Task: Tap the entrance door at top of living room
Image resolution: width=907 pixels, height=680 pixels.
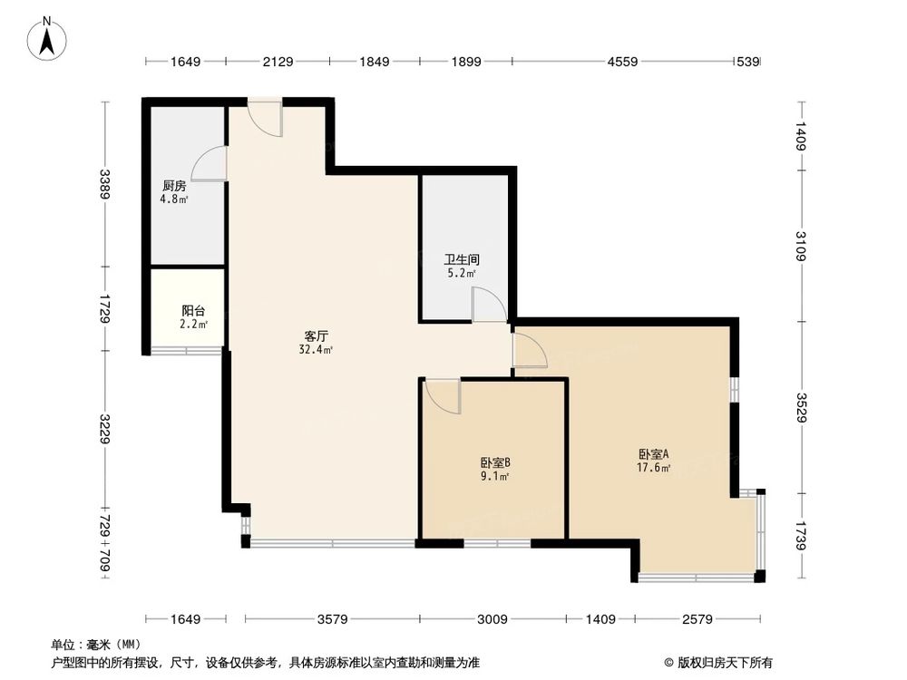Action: [266, 118]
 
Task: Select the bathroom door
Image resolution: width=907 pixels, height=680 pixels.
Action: [489, 305]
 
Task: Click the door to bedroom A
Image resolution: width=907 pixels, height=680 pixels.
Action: [530, 350]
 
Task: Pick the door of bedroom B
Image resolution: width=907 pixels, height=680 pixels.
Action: [444, 393]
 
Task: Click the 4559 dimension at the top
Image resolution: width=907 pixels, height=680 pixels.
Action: [622, 62]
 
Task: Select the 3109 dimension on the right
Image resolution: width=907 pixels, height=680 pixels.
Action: [801, 245]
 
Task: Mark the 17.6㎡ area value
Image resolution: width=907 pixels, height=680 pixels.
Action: [653, 469]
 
